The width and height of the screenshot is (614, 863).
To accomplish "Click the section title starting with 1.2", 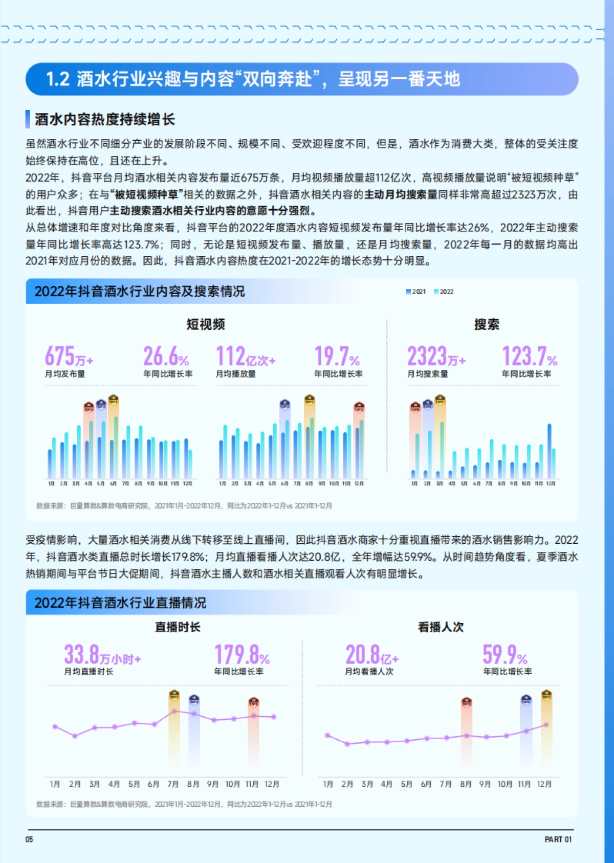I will pyautogui.click(x=253, y=79).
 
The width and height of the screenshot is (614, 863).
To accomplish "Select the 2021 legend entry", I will pyautogui.click(x=416, y=292).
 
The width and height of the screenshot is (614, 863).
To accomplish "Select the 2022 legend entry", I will pyautogui.click(x=444, y=292).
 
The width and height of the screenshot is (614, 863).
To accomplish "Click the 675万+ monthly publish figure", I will pyautogui.click(x=69, y=356).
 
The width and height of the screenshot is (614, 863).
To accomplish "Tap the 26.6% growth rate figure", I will pyautogui.click(x=166, y=356).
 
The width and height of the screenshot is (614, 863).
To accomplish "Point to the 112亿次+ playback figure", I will pyautogui.click(x=245, y=356).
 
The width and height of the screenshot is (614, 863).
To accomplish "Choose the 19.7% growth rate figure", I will pyautogui.click(x=337, y=356).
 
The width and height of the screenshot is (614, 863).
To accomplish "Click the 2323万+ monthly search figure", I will pyautogui.click(x=436, y=356).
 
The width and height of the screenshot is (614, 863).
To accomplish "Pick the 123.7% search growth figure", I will pyautogui.click(x=529, y=356).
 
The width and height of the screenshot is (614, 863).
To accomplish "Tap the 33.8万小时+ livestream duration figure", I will pyautogui.click(x=102, y=655).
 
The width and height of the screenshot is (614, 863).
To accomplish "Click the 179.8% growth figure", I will pyautogui.click(x=242, y=655).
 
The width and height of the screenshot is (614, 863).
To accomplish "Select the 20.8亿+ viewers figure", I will pyautogui.click(x=371, y=655).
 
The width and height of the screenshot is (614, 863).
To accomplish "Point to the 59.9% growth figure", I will pyautogui.click(x=505, y=655).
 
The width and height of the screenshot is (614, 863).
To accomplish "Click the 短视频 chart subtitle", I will pyautogui.click(x=206, y=324).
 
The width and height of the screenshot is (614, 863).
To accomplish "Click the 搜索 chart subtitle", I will pyautogui.click(x=487, y=324).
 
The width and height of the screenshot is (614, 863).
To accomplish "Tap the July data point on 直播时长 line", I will pyautogui.click(x=174, y=711).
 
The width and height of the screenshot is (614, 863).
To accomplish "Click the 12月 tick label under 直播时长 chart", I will pyautogui.click(x=272, y=784).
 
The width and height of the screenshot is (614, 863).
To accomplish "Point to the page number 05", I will pyautogui.click(x=29, y=839).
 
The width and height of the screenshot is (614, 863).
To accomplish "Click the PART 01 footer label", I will pyautogui.click(x=558, y=839).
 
